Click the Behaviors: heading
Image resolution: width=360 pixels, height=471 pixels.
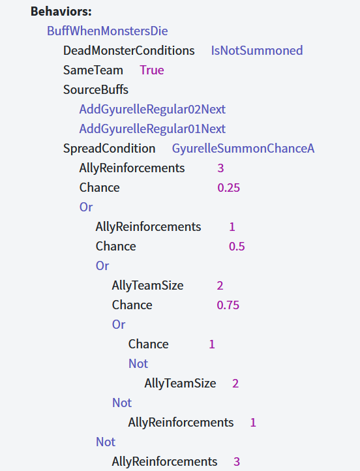pyautogui.click(x=61, y=11)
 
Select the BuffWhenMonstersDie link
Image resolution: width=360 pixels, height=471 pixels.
pyautogui.click(x=107, y=31)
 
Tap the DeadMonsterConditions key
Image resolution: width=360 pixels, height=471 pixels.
pyautogui.click(x=129, y=50)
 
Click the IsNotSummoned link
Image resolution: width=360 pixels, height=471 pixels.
pyautogui.click(x=257, y=50)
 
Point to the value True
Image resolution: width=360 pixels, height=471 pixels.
pyautogui.click(x=151, y=70)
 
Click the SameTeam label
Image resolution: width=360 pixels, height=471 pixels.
pyautogui.click(x=93, y=70)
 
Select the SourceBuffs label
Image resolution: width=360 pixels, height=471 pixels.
pyautogui.click(x=96, y=89)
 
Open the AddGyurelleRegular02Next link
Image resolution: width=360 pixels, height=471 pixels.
pyautogui.click(x=152, y=110)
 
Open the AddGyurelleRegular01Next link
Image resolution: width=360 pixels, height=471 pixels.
pyautogui.click(x=152, y=129)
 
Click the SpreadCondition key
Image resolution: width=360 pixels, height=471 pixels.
pyautogui.click(x=110, y=148)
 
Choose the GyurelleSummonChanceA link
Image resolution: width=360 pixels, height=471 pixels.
pyautogui.click(x=243, y=148)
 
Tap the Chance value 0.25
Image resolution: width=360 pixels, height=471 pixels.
pyautogui.click(x=228, y=188)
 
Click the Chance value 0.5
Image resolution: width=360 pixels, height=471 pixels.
pyautogui.click(x=237, y=247)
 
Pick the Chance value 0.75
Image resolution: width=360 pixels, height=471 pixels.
pyautogui.click(x=228, y=305)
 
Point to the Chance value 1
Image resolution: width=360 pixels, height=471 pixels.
pyautogui.click(x=212, y=344)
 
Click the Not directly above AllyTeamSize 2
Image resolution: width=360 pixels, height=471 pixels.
pyautogui.click(x=138, y=364)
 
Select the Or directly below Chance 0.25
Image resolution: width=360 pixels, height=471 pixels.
pyautogui.click(x=86, y=207)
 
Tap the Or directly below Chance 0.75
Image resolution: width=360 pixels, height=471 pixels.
pyautogui.click(x=119, y=325)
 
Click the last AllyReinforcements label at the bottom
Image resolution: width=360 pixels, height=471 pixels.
pyautogui.click(x=164, y=462)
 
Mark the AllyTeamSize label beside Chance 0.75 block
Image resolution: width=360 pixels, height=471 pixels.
pyautogui.click(x=147, y=286)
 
